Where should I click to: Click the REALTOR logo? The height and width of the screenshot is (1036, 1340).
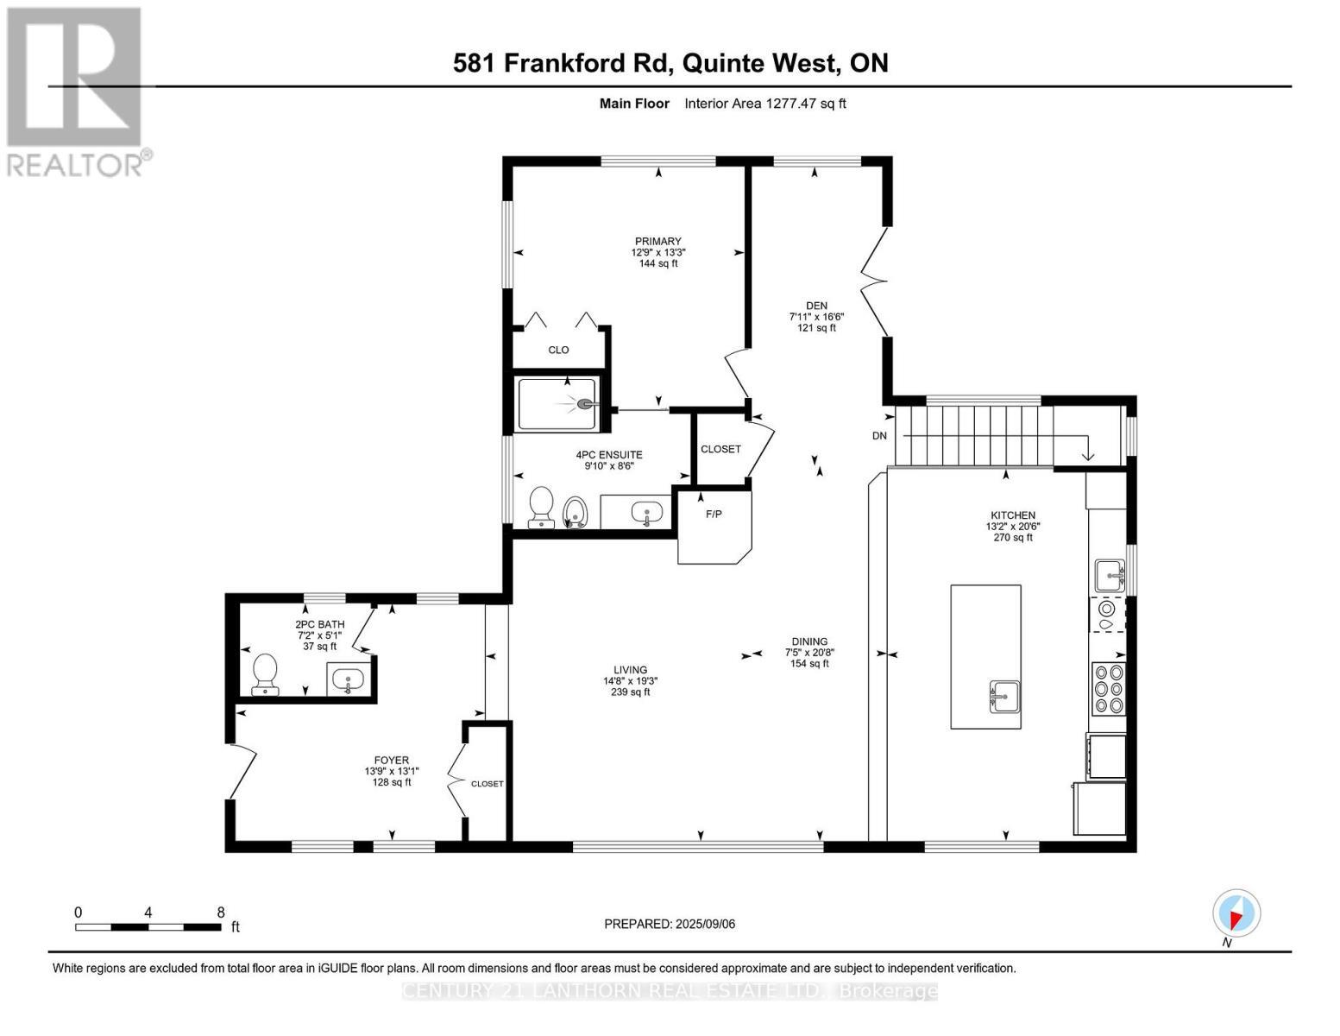click(x=76, y=91)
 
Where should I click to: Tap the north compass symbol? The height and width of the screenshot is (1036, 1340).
click(x=1236, y=913)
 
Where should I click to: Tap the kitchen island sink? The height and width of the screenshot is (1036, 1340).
click(x=1004, y=695)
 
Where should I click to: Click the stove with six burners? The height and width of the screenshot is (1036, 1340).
click(x=1109, y=689)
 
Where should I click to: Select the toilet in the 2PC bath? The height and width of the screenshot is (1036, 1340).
click(x=264, y=673)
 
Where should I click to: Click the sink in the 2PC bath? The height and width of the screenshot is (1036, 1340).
click(x=349, y=679)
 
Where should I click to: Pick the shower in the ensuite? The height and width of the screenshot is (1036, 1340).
click(x=557, y=404)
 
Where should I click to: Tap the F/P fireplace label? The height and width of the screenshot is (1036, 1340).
click(x=714, y=515)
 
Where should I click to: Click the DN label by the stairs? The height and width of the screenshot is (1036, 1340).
click(x=879, y=436)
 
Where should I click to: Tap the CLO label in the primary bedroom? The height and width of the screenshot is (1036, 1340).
click(x=558, y=350)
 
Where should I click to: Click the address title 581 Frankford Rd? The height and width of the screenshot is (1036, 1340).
click(x=670, y=63)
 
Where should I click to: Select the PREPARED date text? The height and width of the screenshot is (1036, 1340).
click(x=670, y=924)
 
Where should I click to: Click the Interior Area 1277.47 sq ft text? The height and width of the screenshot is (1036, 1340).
click(x=764, y=104)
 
